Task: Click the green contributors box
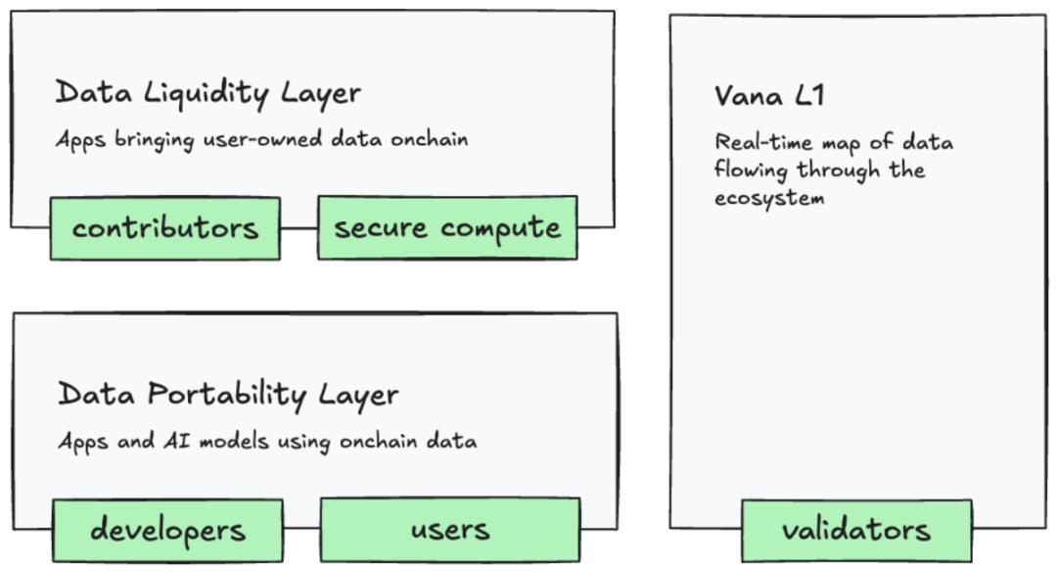(165, 228)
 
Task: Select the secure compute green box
(447, 228)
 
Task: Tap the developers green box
(168, 530)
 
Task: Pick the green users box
(450, 530)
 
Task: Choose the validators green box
(856, 530)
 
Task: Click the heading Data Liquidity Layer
(207, 93)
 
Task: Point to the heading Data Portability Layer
(228, 395)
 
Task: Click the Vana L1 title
(769, 96)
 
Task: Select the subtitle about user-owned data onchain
(261, 139)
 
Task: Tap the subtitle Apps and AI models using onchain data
(267, 442)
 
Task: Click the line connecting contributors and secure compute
(299, 228)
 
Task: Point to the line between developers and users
(301, 529)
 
